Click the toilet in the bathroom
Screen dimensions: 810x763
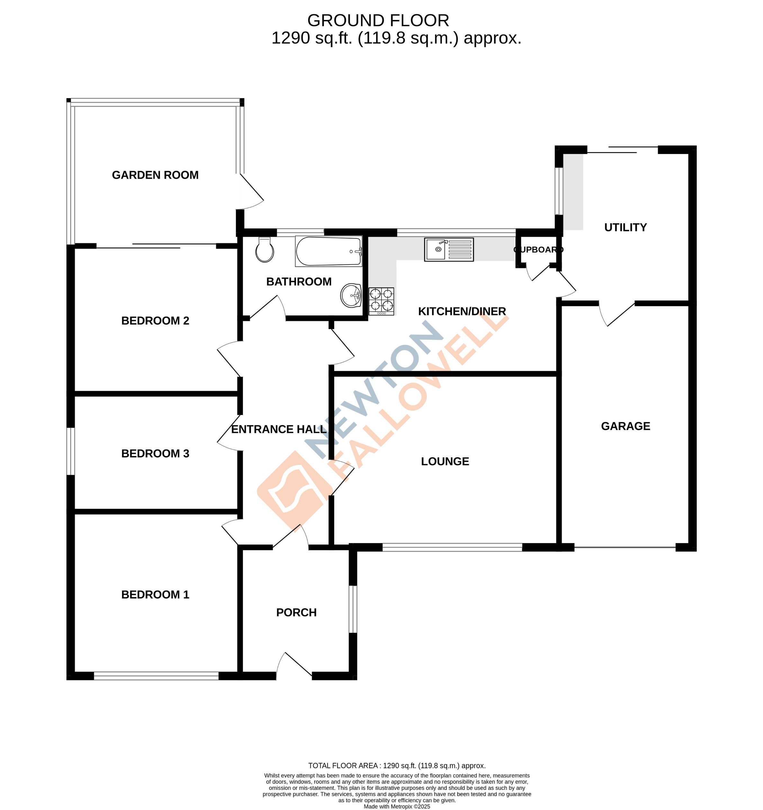click(x=265, y=250)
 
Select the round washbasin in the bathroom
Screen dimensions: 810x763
click(x=351, y=295)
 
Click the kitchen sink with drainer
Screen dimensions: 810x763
click(x=449, y=249)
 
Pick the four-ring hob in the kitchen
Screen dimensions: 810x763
click(x=381, y=301)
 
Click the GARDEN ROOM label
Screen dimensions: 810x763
click(x=155, y=175)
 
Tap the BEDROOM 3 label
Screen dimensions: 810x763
click(x=155, y=454)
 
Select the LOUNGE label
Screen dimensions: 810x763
click(x=445, y=461)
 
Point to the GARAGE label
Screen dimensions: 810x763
click(x=625, y=426)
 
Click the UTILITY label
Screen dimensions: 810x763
click(x=625, y=227)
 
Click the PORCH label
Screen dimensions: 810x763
click(x=296, y=612)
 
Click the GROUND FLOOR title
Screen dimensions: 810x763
click(x=378, y=20)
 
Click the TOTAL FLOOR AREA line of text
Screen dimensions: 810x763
click(x=396, y=766)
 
